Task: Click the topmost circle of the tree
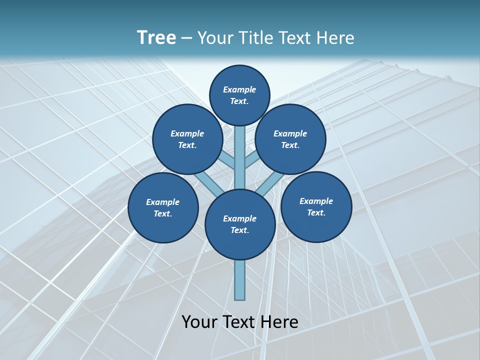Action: pos(239,95)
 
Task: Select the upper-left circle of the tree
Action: pos(187,139)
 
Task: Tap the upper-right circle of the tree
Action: pos(290,139)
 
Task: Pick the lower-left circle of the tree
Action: pos(163,207)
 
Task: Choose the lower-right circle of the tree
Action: pos(316,206)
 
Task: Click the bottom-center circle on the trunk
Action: pos(240,224)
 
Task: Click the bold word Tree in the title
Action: pos(156,37)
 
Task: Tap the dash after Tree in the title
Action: pos(187,38)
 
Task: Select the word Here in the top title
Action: pos(335,37)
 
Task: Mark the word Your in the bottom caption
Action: pos(200,322)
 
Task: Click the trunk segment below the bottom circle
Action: pos(240,280)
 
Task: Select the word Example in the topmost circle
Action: pos(239,89)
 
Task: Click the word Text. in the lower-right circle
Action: pos(316,212)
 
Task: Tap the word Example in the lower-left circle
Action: pos(163,202)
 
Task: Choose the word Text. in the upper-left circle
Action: pos(187,145)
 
